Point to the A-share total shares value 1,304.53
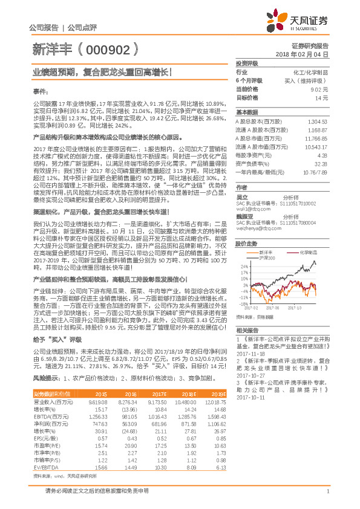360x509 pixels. tap(317, 122)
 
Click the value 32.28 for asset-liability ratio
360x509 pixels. tap(321, 163)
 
